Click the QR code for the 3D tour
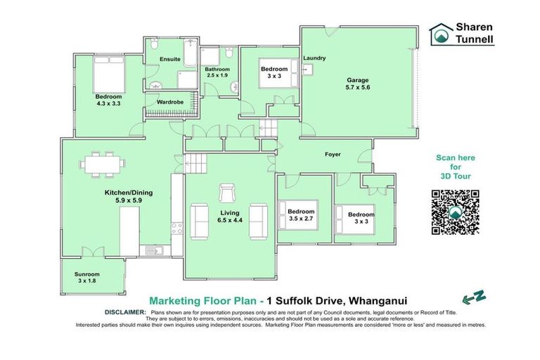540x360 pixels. pos(455,212)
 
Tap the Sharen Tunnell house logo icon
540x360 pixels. pos(443,33)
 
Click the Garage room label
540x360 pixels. pos(356,80)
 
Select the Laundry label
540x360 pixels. pos(314,58)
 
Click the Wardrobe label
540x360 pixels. pos(170,102)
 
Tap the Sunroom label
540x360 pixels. pos(88,274)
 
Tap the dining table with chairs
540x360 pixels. pos(103,163)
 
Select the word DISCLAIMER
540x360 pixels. pos(124,311)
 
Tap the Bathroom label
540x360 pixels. pos(217,69)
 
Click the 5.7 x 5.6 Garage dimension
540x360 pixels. pos(356,88)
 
